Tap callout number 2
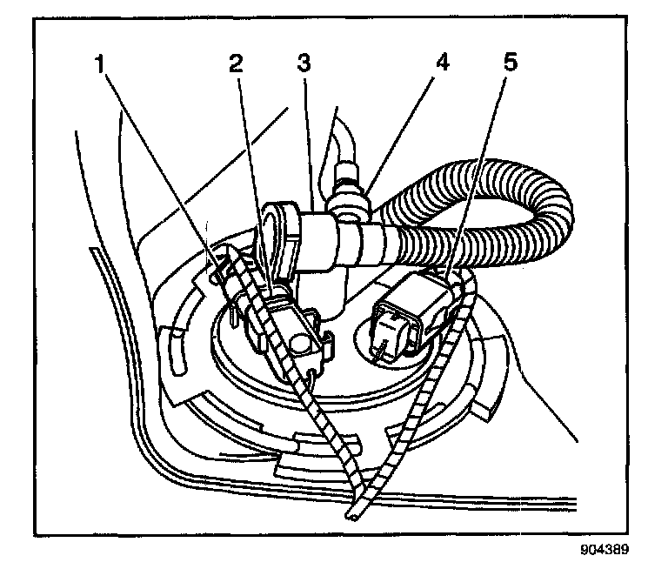pos(234,64)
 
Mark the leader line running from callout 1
pos(165,174)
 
